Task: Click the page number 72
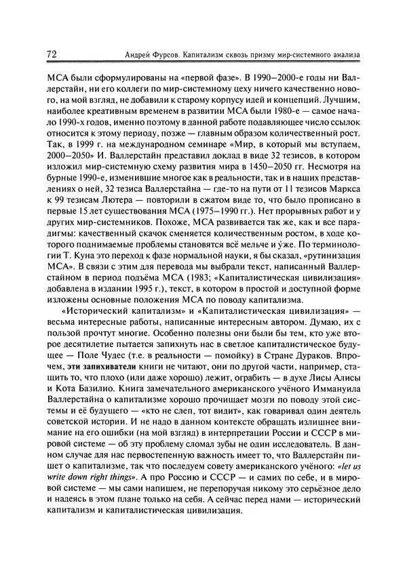click(x=52, y=52)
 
